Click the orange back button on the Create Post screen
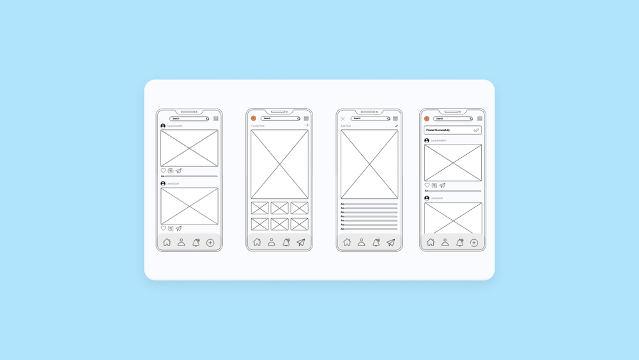pyautogui.click(x=254, y=118)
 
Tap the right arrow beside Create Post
pyautogui.click(x=307, y=125)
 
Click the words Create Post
pyautogui.click(x=258, y=126)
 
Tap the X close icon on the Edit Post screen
pyautogui.click(x=343, y=118)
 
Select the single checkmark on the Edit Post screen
pyautogui.click(x=396, y=126)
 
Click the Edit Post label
pyautogui.click(x=346, y=126)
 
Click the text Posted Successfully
pyautogui.click(x=438, y=130)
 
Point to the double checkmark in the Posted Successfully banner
pyautogui.click(x=476, y=130)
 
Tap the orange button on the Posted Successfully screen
pyautogui.click(x=427, y=118)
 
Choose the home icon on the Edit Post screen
pyautogui.click(x=347, y=242)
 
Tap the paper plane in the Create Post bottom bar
pyautogui.click(x=301, y=242)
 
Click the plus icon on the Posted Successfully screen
pyautogui.click(x=474, y=242)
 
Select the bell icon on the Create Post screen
pyautogui.click(x=286, y=242)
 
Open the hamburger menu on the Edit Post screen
pyautogui.click(x=396, y=118)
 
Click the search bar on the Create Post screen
pyautogui.click(x=280, y=118)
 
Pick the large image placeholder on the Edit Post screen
pyautogui.click(x=369, y=164)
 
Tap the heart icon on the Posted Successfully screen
pyautogui.click(x=427, y=185)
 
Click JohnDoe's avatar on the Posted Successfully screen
pyautogui.click(x=427, y=198)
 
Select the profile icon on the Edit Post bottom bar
pyautogui.click(x=362, y=242)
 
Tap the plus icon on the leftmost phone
pyautogui.click(x=210, y=242)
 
